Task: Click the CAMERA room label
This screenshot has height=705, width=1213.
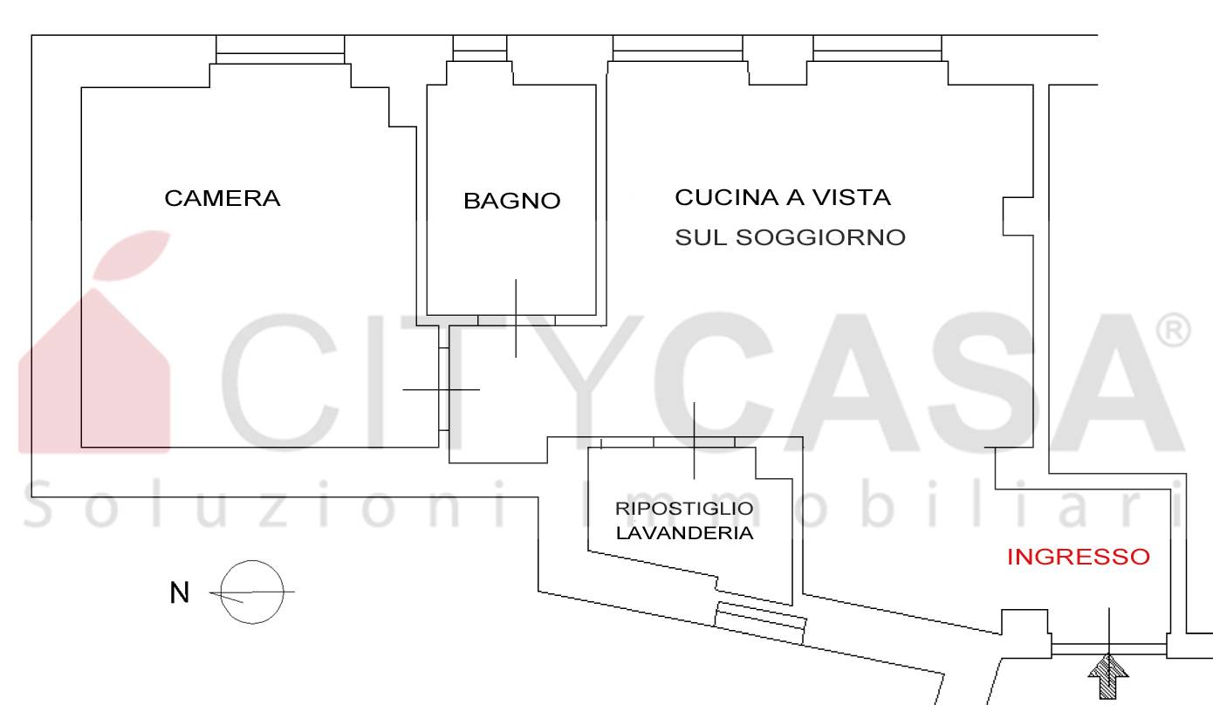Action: (x=223, y=198)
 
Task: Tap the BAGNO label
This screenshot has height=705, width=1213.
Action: (x=511, y=201)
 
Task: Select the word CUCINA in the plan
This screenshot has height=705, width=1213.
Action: (x=727, y=198)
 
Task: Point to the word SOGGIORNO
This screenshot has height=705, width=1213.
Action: (x=820, y=237)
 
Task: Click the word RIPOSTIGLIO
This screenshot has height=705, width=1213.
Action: (x=684, y=509)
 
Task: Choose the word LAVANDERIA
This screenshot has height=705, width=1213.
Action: (x=684, y=533)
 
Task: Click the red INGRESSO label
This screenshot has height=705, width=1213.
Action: (x=1078, y=557)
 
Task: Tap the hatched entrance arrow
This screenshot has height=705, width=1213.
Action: (x=1108, y=677)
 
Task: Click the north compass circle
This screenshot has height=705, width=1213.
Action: (x=252, y=560)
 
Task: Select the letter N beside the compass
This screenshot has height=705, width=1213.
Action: (x=180, y=592)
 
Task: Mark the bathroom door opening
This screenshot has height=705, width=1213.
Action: (x=516, y=320)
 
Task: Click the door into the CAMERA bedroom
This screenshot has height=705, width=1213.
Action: (x=443, y=389)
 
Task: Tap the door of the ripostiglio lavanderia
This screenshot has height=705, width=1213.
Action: (x=695, y=441)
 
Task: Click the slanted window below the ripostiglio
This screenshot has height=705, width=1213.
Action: (x=760, y=623)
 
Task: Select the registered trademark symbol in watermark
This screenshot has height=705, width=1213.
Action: (x=1173, y=331)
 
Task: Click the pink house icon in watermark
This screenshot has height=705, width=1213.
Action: (x=94, y=342)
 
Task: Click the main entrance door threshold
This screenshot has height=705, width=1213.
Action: (x=1108, y=648)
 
